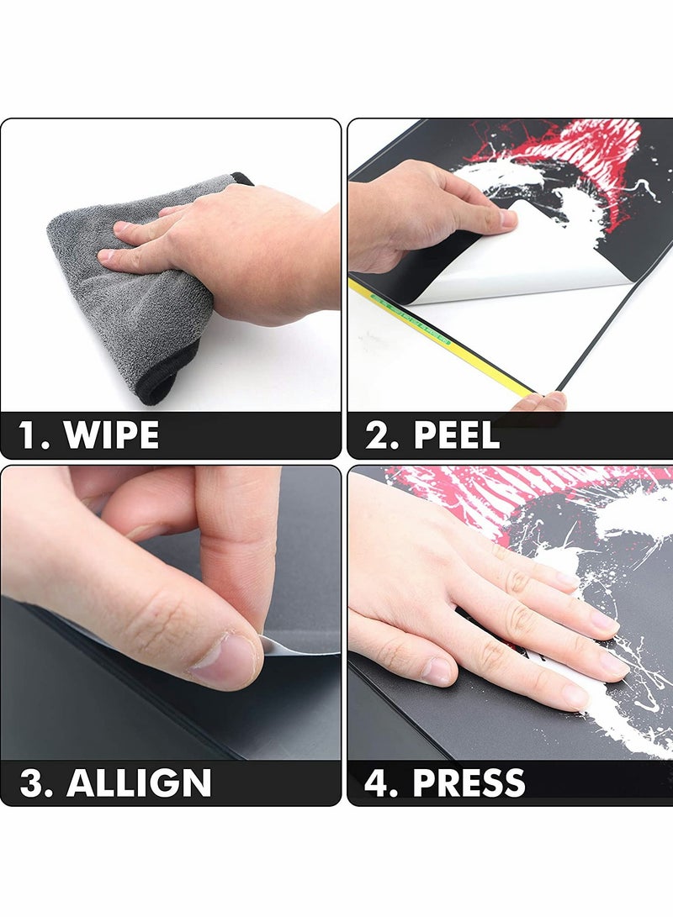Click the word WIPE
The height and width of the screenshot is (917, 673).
pos(111,435)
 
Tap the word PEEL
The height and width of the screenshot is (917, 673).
pos(457,435)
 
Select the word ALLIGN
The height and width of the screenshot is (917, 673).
pos(139,783)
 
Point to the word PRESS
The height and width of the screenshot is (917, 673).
pos(469,783)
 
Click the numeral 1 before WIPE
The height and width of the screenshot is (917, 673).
pos(27,435)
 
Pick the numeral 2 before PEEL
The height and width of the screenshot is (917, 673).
pos(377,435)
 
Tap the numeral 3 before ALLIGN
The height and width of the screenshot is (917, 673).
pos(31,783)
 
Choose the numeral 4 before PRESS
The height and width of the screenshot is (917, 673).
pos(376,783)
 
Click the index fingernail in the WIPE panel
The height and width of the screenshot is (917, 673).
pos(107,256)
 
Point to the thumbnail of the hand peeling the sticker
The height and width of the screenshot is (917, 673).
pos(508,219)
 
